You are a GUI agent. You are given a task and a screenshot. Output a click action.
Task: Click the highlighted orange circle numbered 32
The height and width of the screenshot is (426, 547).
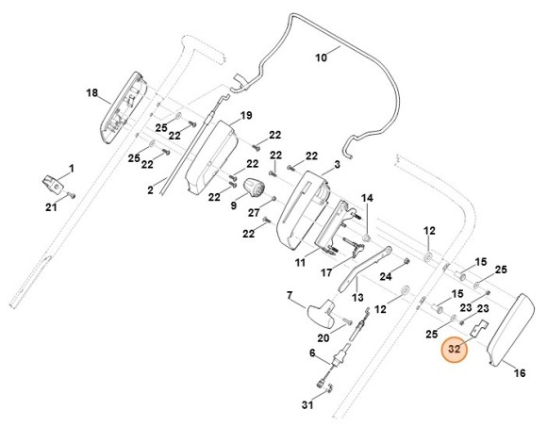(455, 349)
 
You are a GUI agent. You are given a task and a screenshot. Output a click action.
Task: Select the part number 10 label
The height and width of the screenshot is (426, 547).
(322, 57)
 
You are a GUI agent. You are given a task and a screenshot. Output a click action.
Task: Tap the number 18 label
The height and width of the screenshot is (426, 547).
(92, 93)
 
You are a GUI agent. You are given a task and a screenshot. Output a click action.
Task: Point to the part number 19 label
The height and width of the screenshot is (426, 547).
(246, 115)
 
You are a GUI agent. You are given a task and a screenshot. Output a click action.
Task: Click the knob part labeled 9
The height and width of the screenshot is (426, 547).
(254, 188)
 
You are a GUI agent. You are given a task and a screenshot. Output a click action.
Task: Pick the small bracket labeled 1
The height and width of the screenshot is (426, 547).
(53, 184)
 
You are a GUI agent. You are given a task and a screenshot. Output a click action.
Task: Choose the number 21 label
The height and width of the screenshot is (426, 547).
(51, 207)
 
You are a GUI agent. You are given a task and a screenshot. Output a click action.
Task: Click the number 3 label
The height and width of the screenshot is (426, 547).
(337, 164)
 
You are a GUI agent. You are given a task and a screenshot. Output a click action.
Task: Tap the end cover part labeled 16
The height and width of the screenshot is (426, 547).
(510, 330)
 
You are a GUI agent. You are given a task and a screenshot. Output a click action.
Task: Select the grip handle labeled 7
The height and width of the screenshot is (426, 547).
(321, 312)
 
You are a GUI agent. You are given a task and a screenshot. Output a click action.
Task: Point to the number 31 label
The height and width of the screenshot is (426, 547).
(307, 405)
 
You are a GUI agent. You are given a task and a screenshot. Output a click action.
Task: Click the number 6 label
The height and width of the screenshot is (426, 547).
(312, 352)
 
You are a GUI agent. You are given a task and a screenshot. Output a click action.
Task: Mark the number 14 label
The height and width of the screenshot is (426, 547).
(367, 198)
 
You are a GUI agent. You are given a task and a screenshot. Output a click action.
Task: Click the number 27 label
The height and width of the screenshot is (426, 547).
(254, 212)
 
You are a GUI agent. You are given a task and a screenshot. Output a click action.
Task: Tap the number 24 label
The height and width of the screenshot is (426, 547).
(386, 276)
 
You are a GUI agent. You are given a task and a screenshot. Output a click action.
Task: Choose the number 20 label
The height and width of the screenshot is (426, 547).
(323, 337)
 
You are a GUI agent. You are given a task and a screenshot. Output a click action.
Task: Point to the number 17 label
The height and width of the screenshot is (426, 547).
(326, 272)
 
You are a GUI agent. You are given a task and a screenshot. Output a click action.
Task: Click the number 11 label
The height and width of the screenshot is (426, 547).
(300, 262)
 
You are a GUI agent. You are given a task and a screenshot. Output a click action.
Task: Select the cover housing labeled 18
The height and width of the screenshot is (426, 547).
(124, 107)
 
